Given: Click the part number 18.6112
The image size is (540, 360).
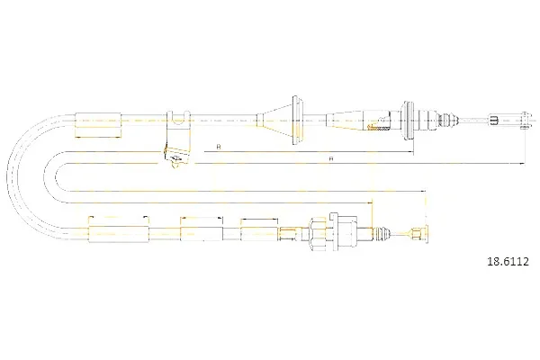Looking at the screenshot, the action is [x=508, y=262].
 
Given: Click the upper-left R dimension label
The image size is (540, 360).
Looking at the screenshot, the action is [x=219, y=147].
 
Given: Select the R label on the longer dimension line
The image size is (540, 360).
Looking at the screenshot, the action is [x=331, y=158].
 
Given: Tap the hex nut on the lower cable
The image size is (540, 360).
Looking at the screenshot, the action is [x=316, y=235].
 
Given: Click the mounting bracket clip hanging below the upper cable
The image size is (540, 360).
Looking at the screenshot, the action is [x=177, y=139].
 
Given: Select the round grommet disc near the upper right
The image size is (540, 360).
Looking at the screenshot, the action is [x=409, y=121].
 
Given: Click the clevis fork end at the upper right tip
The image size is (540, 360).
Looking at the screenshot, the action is [x=525, y=121].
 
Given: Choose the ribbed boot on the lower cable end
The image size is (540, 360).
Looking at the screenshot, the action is [x=383, y=234].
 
